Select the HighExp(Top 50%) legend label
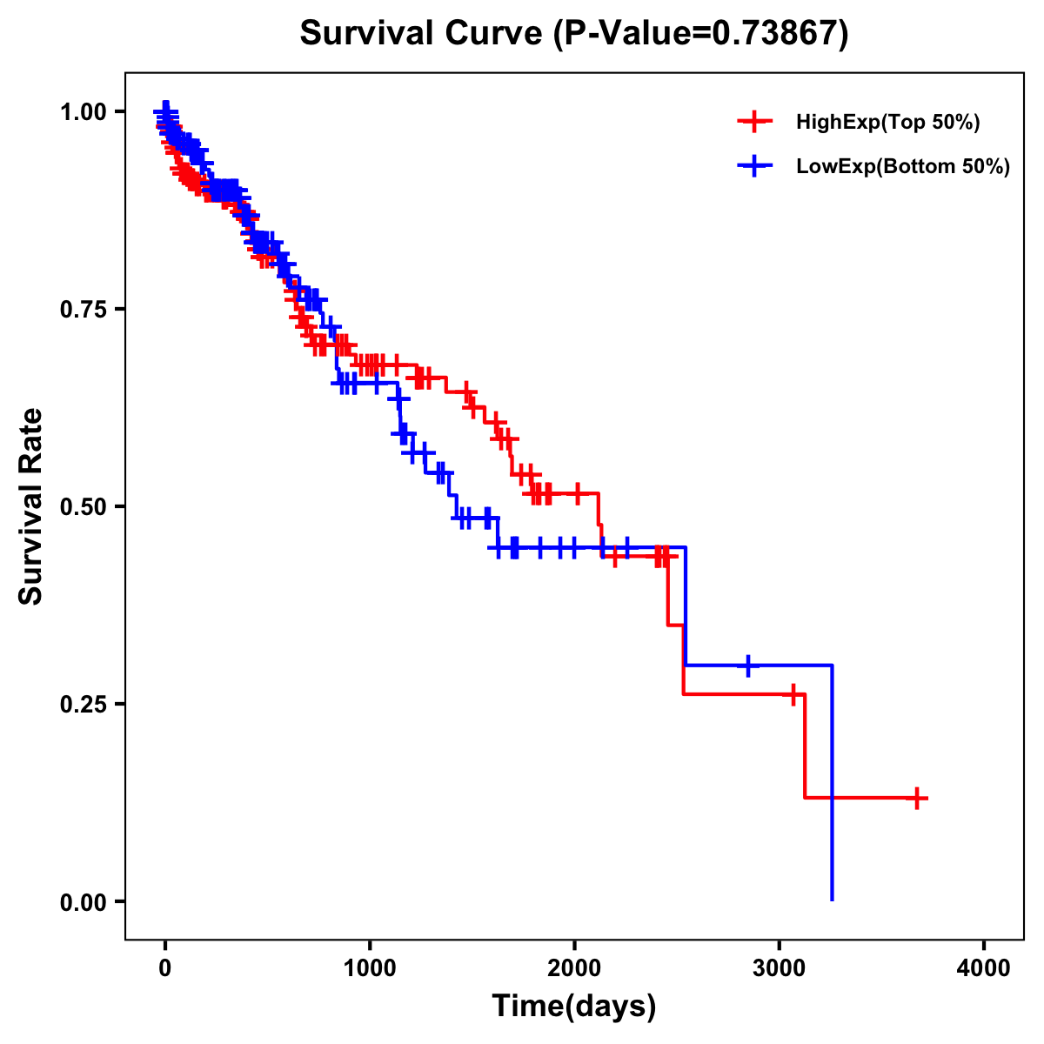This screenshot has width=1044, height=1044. coord(887,123)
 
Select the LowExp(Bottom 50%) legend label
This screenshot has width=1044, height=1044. coord(902,166)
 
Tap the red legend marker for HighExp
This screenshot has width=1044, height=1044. coord(754,122)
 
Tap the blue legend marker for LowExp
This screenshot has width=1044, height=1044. coord(754,165)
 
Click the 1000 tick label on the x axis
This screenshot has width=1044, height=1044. coord(370,967)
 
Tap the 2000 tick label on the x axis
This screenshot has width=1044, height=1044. coord(574,967)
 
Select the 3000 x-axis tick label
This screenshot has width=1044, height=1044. coord(780,967)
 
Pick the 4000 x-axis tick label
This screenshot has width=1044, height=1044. coord(984,967)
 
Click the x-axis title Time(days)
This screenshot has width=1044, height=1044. coord(574,1007)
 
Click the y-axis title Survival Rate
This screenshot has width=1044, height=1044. coord(31,506)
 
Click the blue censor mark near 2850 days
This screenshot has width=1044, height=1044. coord(747,665)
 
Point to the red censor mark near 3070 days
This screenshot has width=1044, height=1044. coord(793,694)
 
